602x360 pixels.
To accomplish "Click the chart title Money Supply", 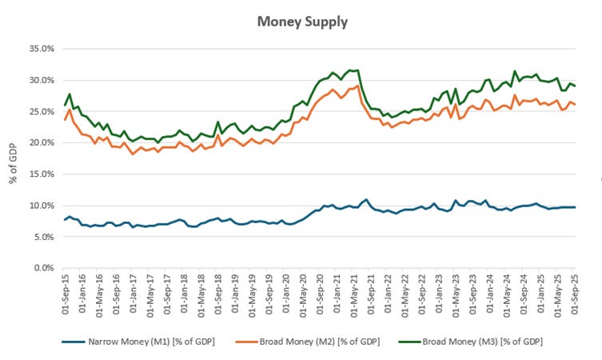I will point(302,22).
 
